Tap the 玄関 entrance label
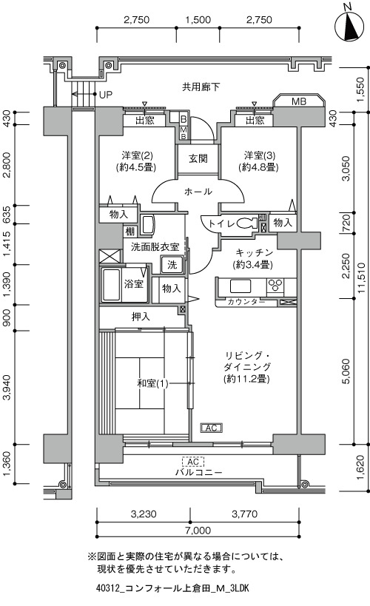pyautogui.click(x=198, y=158)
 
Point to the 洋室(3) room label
pyautogui.click(x=260, y=155)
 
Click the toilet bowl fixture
pyautogui.click(x=246, y=223)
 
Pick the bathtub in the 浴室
pyautogui.click(x=111, y=284)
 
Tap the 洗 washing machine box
pyautogui.click(x=172, y=265)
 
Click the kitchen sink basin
pyautogui.click(x=240, y=286)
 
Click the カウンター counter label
pyautogui.click(x=245, y=302)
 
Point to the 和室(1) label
pyautogui.click(x=152, y=383)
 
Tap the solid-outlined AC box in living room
pyautogui.click(x=211, y=428)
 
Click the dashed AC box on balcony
pyautogui.click(x=193, y=462)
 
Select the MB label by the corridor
pyautogui.click(x=299, y=101)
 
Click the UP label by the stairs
pyautogui.click(x=106, y=95)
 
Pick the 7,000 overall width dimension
pyautogui.click(x=198, y=531)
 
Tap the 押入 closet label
pyautogui.click(x=141, y=317)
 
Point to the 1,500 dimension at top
pyautogui.click(x=198, y=20)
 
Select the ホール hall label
pyautogui.click(x=198, y=192)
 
